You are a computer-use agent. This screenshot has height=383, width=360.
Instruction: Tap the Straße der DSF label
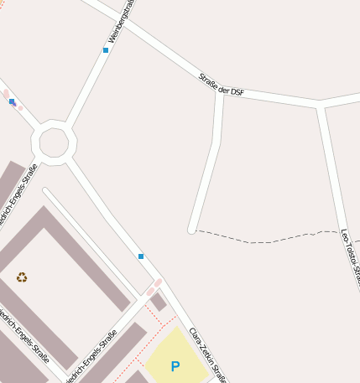point(222,85)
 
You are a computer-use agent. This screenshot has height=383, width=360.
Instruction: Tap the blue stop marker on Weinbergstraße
point(106,50)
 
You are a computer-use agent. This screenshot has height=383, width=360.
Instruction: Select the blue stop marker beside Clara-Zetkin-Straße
point(141,256)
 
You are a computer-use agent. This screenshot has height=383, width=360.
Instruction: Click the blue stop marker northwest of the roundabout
point(12,101)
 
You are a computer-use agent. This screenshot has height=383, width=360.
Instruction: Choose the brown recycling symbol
point(22,277)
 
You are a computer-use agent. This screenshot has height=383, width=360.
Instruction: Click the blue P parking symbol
point(175,366)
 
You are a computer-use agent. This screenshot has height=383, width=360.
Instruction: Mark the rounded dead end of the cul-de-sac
point(192,229)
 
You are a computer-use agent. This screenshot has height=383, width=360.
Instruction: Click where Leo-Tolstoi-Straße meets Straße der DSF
point(320,106)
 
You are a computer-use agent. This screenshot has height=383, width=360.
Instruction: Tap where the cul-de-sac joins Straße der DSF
point(220,91)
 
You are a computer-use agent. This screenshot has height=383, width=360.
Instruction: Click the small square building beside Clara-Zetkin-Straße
point(158,302)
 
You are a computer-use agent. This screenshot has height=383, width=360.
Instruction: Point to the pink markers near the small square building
point(154,287)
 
